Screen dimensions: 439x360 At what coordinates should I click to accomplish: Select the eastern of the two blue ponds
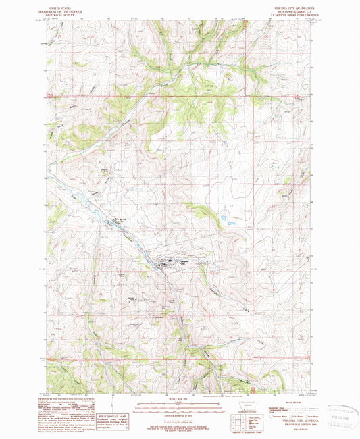click(x=231, y=223)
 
